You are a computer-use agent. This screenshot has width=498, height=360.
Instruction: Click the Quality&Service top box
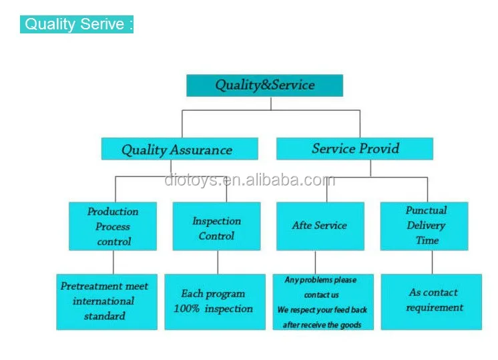[264, 85]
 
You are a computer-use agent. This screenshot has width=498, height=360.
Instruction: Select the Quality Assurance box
[180, 149]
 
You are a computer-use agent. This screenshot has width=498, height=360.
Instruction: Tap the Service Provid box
[354, 149]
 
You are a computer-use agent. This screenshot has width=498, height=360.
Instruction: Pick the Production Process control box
[113, 226]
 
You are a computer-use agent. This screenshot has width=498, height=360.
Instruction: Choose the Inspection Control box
[216, 226]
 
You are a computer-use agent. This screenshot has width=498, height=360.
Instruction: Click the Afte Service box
[320, 226]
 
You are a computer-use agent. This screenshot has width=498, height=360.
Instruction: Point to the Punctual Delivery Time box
[425, 226]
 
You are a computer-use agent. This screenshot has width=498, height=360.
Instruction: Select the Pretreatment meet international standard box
[107, 302]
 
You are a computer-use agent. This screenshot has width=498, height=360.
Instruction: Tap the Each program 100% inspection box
[215, 302]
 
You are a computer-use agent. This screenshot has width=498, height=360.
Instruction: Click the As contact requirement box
[431, 302]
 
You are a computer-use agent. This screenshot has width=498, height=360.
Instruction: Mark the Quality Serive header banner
[77, 24]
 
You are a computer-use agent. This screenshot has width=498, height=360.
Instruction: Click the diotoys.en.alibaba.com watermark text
[250, 180]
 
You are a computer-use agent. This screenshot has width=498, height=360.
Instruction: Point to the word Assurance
[201, 150]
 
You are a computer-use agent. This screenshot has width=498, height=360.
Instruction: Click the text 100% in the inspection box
[186, 309]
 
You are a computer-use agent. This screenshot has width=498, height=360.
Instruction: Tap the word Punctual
[426, 210]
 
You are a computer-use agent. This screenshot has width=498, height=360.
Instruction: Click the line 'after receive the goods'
[322, 325]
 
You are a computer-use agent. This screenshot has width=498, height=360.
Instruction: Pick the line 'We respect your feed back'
[322, 310]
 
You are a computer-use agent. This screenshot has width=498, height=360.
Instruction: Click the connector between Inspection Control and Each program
[218, 262]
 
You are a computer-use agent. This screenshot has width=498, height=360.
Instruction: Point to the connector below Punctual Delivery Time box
[433, 262]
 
